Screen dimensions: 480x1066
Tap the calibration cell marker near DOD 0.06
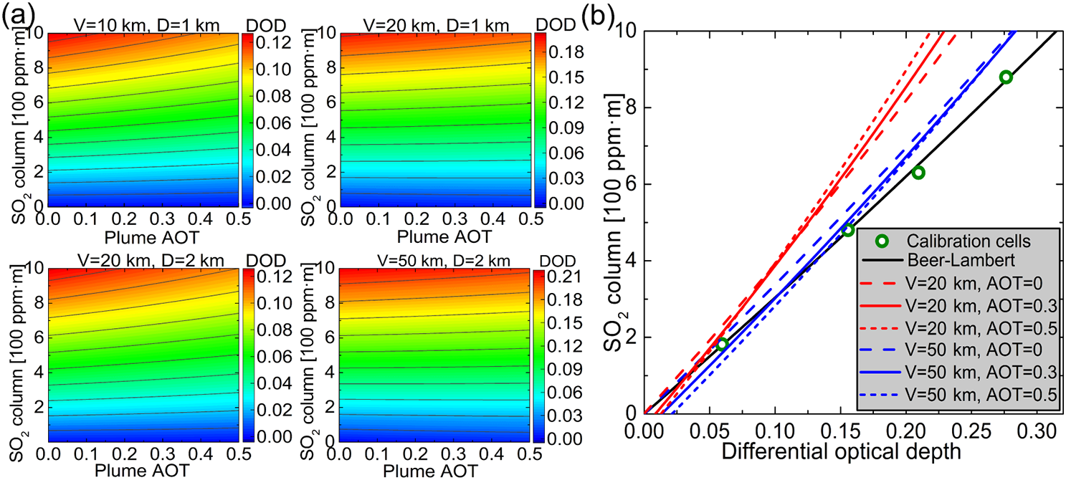click(723, 344)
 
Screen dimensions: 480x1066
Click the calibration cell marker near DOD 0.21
click(918, 173)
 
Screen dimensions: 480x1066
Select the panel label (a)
click(16, 16)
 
